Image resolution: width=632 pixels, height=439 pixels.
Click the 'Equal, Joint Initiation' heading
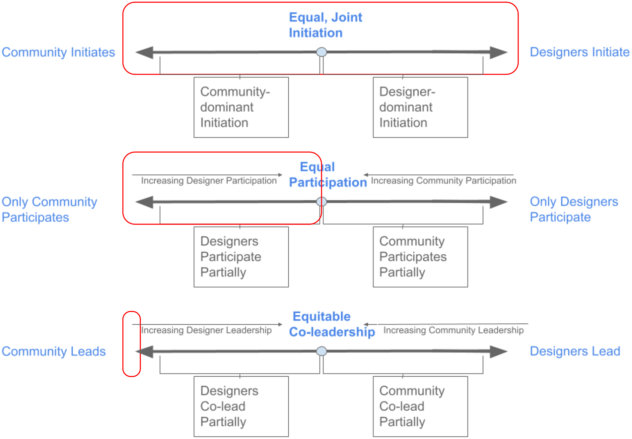click(x=325, y=25)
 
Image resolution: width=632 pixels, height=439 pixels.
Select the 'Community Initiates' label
click(x=58, y=52)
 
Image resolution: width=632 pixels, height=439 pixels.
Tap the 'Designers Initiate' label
click(x=579, y=52)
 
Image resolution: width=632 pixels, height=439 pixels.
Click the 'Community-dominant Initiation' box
click(x=241, y=107)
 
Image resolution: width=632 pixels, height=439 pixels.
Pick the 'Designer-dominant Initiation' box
click(x=420, y=107)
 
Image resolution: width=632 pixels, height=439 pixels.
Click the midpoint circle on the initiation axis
click(x=321, y=52)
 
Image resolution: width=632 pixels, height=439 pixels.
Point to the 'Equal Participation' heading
click(x=327, y=174)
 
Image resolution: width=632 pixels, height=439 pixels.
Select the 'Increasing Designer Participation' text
click(x=209, y=180)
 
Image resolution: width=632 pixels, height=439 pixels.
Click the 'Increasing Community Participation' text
click(x=443, y=180)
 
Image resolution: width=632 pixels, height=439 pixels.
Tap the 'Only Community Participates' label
click(x=49, y=209)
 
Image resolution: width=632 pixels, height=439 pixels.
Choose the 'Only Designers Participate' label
click(x=574, y=209)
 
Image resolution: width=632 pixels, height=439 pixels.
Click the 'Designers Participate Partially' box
click(x=241, y=257)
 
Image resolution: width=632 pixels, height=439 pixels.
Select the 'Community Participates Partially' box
click(x=420, y=257)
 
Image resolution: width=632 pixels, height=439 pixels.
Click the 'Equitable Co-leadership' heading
click(x=331, y=324)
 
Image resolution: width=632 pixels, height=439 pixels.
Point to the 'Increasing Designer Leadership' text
click(x=206, y=330)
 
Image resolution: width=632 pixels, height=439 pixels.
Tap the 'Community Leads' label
click(x=53, y=351)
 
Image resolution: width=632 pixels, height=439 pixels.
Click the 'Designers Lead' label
click(x=575, y=351)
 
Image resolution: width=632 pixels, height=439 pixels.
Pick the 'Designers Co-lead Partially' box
click(x=241, y=406)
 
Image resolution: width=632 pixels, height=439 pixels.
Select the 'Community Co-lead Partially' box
click(x=420, y=406)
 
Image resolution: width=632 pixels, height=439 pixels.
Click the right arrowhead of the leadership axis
click(x=498, y=351)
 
